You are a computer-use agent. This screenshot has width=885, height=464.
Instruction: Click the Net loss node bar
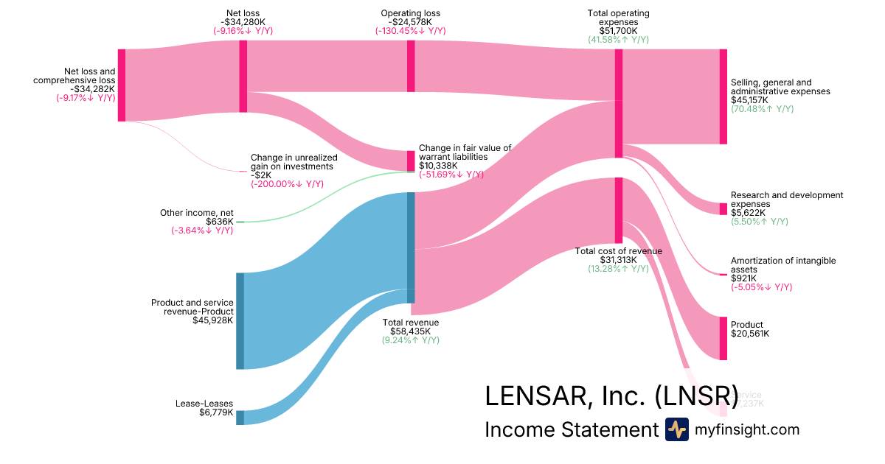(243, 76)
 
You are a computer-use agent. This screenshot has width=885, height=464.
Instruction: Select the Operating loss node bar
(411, 66)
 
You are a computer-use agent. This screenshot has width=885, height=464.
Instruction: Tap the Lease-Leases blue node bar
(240, 418)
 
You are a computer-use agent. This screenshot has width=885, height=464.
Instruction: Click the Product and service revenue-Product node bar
(240, 320)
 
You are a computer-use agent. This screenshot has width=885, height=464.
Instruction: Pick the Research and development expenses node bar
(723, 208)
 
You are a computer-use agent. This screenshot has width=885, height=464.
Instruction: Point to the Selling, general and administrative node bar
(723, 96)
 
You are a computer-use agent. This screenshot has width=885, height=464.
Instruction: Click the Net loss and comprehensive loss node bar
(122, 84)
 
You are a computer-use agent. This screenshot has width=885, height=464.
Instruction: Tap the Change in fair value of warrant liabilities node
(411, 161)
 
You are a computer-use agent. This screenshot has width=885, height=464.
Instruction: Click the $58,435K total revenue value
(410, 331)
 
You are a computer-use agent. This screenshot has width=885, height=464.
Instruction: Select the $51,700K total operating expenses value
(618, 31)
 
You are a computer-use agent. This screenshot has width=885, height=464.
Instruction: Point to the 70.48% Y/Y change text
(762, 109)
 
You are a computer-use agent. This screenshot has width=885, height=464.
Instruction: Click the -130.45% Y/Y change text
(411, 31)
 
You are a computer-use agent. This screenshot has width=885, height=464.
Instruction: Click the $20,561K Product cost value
(749, 334)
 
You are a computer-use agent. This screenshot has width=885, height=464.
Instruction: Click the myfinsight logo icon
(676, 429)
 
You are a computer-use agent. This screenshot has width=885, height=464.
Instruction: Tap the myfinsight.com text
(747, 429)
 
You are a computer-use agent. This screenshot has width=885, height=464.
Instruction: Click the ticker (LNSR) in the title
(696, 396)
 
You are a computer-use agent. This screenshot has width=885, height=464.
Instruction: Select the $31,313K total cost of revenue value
(618, 260)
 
